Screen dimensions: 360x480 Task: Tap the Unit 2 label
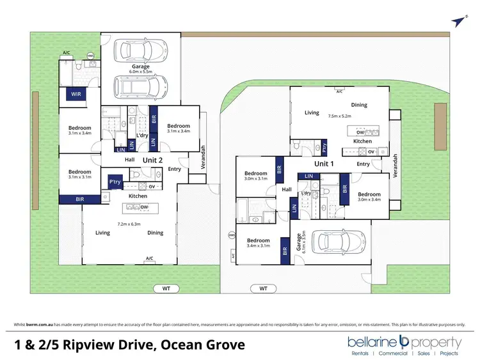tap(152, 159)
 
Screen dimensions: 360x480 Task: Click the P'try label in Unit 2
tap(116, 182)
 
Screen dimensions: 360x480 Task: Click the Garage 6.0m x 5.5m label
tap(140, 70)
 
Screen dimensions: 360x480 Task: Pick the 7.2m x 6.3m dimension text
tap(127, 224)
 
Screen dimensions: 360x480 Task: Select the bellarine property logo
tap(404, 345)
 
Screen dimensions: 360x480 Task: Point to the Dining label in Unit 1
tap(359, 105)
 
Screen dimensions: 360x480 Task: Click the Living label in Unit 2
tap(102, 233)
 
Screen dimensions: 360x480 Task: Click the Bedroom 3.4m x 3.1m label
tap(259, 243)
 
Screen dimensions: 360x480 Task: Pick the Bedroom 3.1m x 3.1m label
tap(80, 175)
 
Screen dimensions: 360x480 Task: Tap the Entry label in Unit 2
tap(174, 169)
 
